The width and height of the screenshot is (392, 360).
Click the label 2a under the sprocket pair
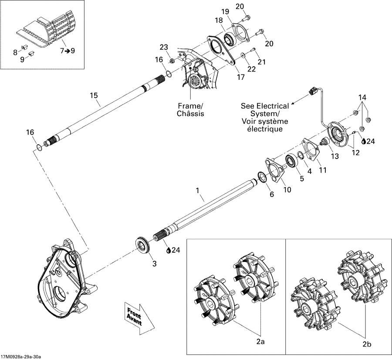click(260, 342)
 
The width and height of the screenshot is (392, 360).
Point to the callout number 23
click(162, 48)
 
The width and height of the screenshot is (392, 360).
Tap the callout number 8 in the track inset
click(15, 52)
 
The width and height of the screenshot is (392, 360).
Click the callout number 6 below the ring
click(272, 195)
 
